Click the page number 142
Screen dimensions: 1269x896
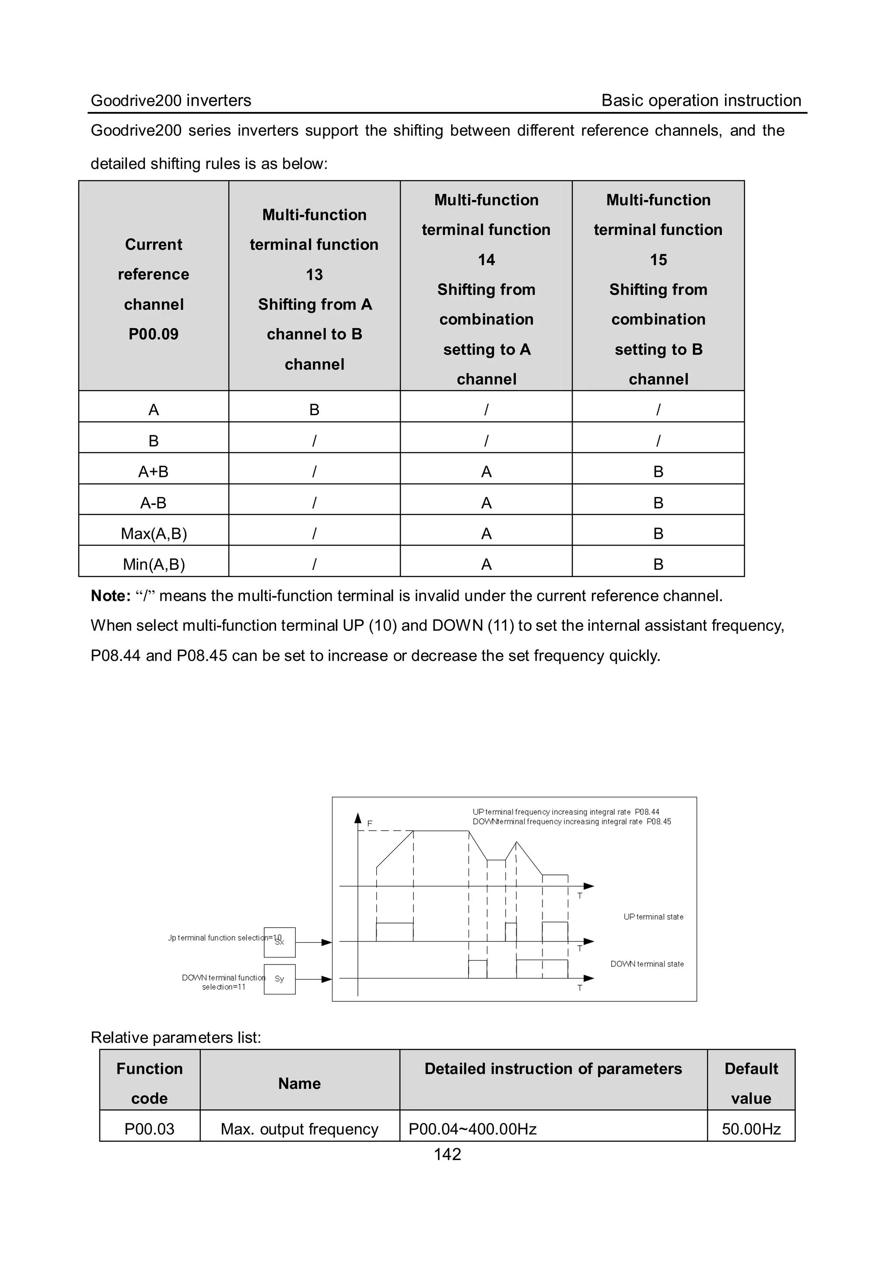click(447, 1154)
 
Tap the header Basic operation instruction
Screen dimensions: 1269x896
click(701, 101)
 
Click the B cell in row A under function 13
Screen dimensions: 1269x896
click(314, 409)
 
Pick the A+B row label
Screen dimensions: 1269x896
click(153, 472)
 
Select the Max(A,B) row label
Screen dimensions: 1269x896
click(154, 533)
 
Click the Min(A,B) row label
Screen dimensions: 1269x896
click(154, 564)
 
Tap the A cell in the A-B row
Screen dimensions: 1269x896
click(486, 503)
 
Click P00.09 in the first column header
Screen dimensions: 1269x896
click(154, 334)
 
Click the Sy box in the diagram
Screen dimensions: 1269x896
click(280, 979)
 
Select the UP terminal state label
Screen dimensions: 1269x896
click(653, 917)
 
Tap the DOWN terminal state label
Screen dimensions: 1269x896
click(647, 964)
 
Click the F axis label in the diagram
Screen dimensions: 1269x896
click(370, 824)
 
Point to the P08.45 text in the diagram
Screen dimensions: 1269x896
click(659, 822)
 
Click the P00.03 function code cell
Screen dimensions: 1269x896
click(149, 1129)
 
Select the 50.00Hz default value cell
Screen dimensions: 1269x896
click(751, 1129)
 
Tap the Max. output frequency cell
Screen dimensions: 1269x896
click(299, 1129)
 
